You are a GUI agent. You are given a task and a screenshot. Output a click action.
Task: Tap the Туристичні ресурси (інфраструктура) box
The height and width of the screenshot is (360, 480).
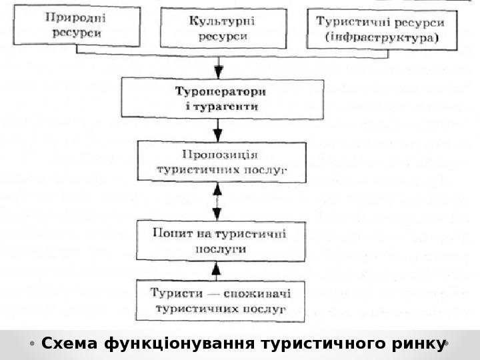pyautogui.click(x=382, y=29)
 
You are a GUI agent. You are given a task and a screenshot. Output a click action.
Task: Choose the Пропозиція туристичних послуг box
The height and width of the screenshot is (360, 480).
pyautogui.click(x=221, y=162)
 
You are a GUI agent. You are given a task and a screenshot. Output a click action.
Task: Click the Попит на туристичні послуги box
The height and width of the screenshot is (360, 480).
pyautogui.click(x=221, y=241)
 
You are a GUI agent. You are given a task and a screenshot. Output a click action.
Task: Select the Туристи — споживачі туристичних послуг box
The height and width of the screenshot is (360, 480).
pyautogui.click(x=220, y=301)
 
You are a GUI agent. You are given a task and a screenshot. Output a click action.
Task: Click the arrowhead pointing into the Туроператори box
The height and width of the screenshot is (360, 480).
pyautogui.click(x=218, y=72)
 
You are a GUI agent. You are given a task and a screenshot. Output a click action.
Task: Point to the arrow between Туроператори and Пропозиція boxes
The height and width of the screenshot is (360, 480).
pyautogui.click(x=217, y=129)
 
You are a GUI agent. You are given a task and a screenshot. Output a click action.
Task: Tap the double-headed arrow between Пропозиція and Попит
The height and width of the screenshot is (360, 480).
pyautogui.click(x=217, y=202)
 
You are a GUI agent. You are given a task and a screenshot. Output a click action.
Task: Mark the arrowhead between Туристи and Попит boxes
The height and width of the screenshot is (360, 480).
pyautogui.click(x=215, y=269)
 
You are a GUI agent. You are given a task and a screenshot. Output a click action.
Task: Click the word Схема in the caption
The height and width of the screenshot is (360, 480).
pyautogui.click(x=69, y=344)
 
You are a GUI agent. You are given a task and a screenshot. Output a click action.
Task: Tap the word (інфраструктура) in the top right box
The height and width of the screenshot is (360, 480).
pyautogui.click(x=382, y=37)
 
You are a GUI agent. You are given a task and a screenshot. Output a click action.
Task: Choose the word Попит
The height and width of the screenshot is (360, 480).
pyautogui.click(x=169, y=233)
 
